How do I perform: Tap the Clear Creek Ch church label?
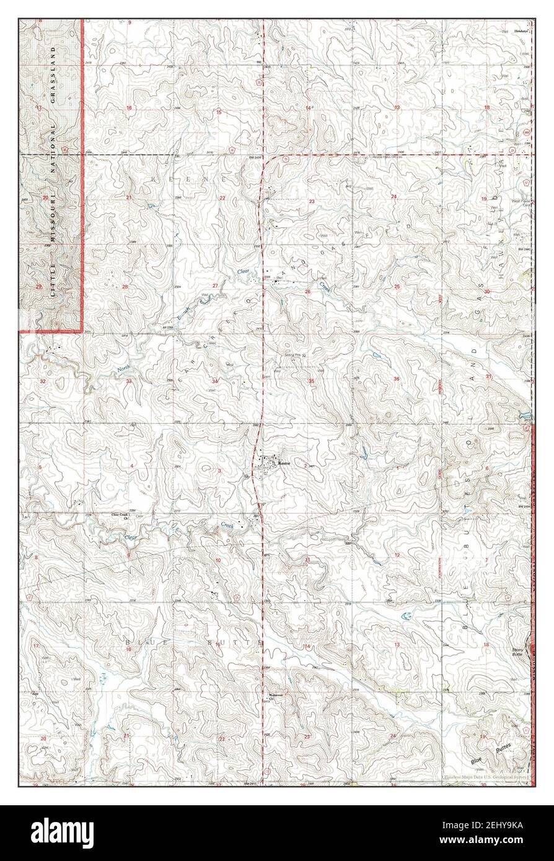click(120, 516)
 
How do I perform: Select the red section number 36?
click(396, 378)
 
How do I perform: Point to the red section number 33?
click(129, 381)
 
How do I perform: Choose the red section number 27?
click(215, 286)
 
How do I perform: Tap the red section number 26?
click(307, 291)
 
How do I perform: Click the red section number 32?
click(42, 381)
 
